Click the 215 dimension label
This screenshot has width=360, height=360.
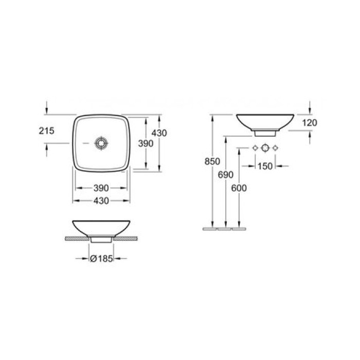47,131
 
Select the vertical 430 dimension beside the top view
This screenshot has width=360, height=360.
161,133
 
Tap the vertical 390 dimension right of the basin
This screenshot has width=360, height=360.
147,144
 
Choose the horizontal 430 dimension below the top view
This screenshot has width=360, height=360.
101,201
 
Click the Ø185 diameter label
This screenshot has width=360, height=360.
101,259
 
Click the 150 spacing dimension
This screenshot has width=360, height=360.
266,166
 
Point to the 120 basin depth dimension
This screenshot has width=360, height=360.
311,122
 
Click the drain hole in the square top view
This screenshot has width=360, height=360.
102,142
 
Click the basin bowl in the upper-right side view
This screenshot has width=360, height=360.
265,121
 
